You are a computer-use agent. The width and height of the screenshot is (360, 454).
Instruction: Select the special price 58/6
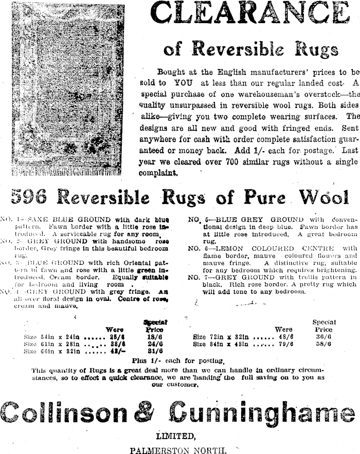(322, 344)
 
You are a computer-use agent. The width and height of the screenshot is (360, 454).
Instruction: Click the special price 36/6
(322, 337)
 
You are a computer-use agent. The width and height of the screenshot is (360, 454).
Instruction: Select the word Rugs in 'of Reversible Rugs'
(311, 49)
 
